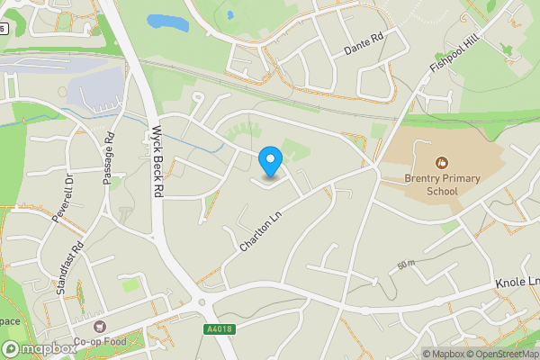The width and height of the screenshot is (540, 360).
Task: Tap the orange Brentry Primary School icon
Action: click(x=441, y=163)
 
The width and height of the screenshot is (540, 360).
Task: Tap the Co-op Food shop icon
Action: click(x=99, y=326)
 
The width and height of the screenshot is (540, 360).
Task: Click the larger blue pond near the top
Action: click(x=168, y=22)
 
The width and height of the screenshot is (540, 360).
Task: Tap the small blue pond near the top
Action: click(x=230, y=14)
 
